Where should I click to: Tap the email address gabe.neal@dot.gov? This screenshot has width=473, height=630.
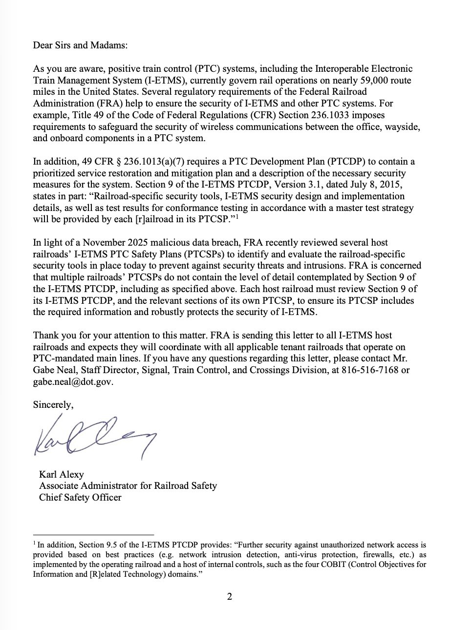tap(73, 382)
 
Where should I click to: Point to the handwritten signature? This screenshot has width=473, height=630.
tap(93, 435)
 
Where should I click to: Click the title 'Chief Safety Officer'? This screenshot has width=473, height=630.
tap(80, 498)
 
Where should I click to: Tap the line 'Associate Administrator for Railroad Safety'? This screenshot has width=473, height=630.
tap(128, 486)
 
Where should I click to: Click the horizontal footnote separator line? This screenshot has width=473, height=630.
tap(93, 535)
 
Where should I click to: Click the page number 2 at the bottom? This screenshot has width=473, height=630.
tap(230, 597)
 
